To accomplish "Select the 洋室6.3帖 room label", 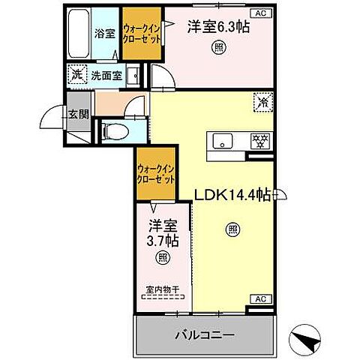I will point(218,26).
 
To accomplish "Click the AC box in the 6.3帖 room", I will point(259,13).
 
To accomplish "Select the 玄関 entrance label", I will point(78,114).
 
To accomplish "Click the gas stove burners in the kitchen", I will point(260,140).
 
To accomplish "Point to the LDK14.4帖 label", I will point(234,196).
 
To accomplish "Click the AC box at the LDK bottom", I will point(259,299).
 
